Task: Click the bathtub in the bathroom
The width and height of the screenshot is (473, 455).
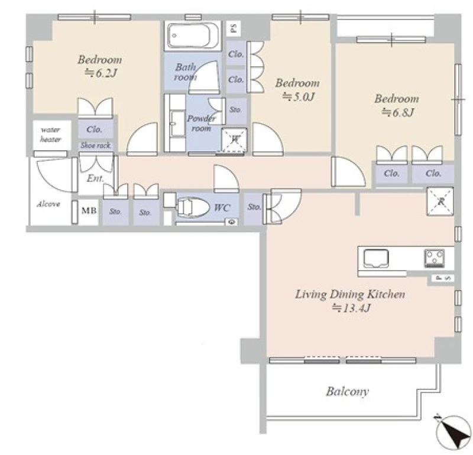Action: (193, 35)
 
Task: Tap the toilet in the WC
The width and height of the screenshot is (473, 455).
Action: (193, 207)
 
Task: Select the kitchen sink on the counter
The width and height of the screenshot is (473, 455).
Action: (376, 258)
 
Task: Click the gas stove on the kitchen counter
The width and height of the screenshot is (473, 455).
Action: (435, 258)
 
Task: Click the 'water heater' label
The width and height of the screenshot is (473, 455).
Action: (51, 135)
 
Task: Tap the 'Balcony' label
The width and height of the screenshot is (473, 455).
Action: (347, 391)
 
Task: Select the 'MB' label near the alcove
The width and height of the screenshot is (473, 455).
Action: (89, 210)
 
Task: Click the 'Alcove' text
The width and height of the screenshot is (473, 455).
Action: (48, 204)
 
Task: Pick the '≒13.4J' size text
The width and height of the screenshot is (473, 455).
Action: (351, 308)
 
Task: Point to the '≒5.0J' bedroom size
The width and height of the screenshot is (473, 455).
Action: (298, 96)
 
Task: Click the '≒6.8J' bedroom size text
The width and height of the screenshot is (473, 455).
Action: (397, 112)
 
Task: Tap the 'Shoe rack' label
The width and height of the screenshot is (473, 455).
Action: (96, 145)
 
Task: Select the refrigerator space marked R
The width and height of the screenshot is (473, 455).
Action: (440, 201)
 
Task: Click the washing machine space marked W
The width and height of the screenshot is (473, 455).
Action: (234, 140)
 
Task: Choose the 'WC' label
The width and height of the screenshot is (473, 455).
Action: (222, 207)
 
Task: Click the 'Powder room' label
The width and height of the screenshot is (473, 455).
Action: (202, 123)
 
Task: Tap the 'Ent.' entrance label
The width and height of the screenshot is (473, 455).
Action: (95, 178)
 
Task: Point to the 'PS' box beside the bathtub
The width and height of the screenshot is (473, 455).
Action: (233, 28)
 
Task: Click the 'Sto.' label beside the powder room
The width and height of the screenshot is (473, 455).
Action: (235, 110)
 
